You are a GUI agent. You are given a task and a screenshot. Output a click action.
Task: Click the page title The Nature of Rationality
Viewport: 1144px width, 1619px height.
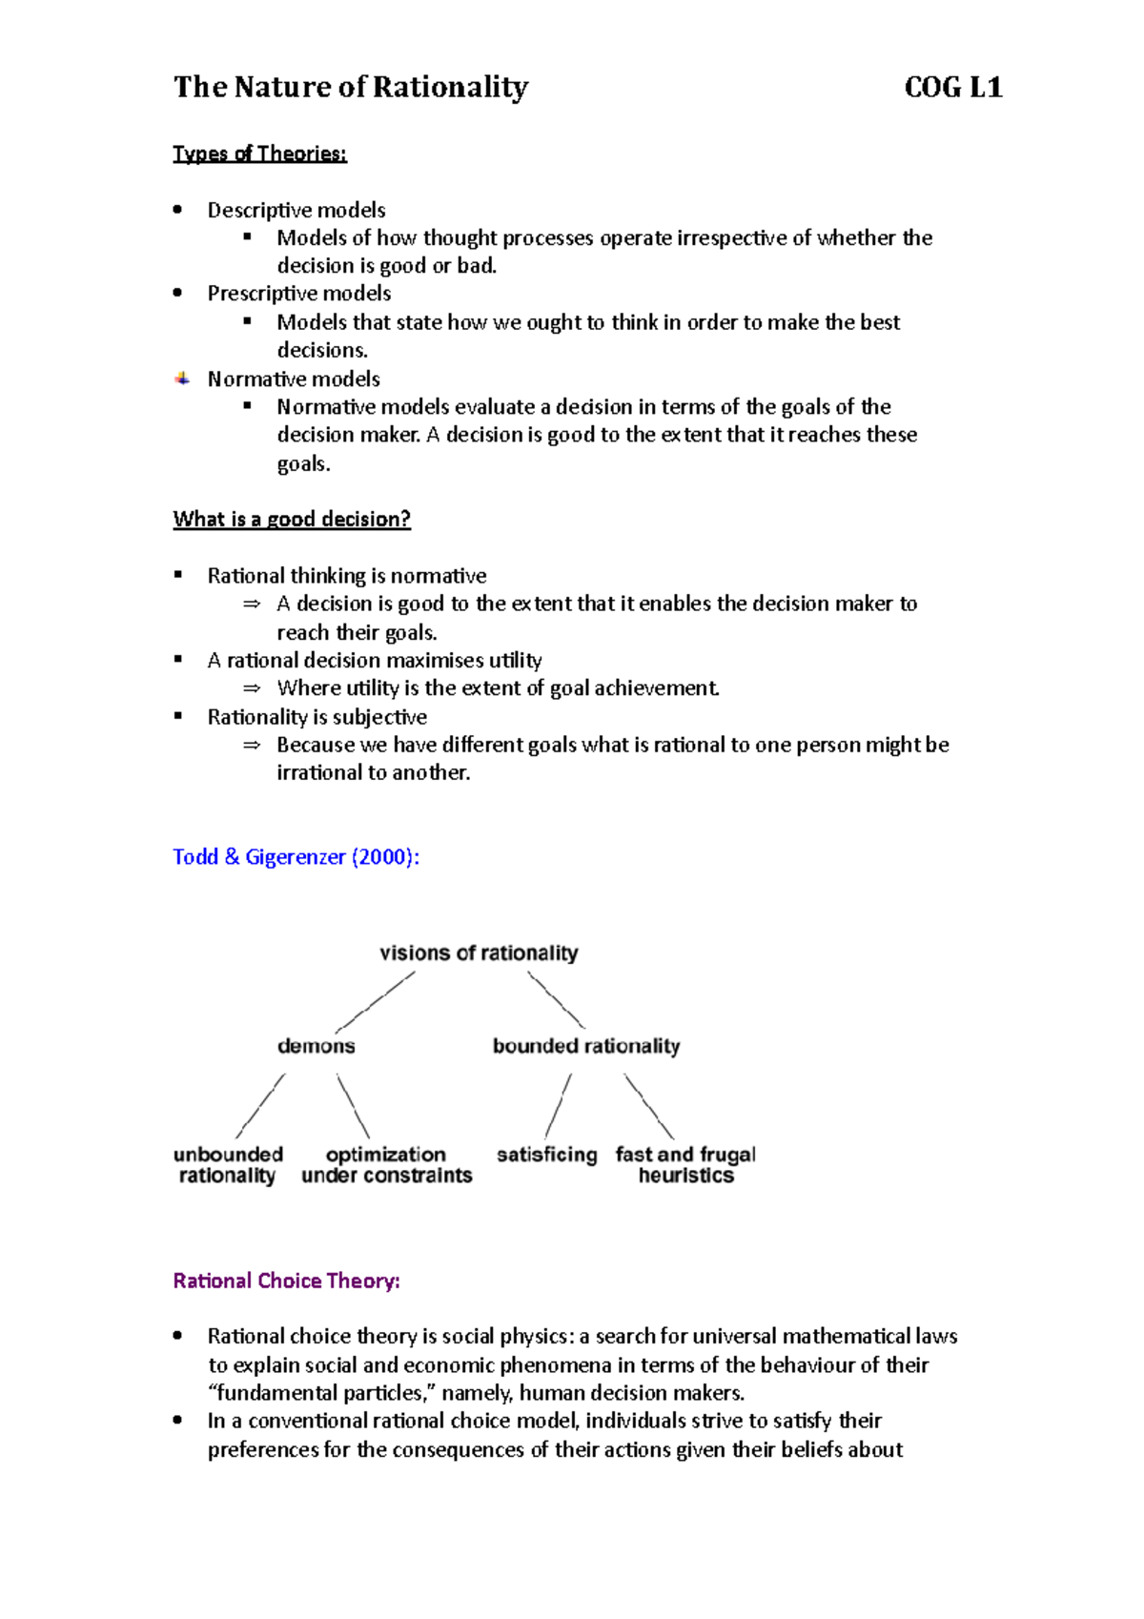(x=350, y=88)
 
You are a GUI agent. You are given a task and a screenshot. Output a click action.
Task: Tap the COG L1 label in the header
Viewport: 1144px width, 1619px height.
(x=952, y=88)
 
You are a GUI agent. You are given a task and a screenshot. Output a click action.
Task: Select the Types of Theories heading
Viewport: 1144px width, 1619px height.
(x=259, y=154)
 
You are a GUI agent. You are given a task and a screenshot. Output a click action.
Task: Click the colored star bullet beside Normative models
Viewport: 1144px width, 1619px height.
(x=182, y=379)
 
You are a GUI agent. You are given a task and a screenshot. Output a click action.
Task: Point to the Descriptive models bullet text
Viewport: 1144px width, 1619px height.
(x=296, y=210)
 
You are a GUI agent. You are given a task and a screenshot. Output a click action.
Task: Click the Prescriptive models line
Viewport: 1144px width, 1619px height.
(x=299, y=294)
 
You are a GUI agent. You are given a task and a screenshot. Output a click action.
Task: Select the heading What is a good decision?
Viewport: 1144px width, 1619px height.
(x=292, y=519)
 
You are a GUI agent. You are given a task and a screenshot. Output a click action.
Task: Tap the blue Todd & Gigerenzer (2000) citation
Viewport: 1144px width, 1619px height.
(x=296, y=856)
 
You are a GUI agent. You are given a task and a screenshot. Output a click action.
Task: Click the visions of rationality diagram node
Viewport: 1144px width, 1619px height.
(x=479, y=953)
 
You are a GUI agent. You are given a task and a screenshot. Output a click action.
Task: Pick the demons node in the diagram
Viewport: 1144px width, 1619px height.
(x=316, y=1046)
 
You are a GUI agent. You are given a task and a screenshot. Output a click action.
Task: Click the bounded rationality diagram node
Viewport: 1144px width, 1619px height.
(x=586, y=1046)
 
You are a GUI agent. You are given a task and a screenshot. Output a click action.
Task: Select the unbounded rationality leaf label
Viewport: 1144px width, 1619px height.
(x=228, y=1164)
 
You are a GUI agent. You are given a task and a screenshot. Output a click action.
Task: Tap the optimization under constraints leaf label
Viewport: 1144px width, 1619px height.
(x=386, y=1164)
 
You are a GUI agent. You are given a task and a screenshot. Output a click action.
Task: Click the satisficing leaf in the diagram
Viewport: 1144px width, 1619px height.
(x=546, y=1155)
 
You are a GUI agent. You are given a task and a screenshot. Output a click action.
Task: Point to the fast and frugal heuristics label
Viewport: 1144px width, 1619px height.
(x=685, y=1164)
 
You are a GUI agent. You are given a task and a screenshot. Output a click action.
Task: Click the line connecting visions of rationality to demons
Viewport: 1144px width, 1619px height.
(x=376, y=1001)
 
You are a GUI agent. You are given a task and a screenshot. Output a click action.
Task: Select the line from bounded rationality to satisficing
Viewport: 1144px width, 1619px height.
(x=559, y=1106)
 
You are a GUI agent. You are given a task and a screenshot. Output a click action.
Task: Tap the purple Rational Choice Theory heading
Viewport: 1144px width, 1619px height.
(x=286, y=1281)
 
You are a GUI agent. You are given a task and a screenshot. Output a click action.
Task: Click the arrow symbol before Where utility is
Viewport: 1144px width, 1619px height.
(x=252, y=688)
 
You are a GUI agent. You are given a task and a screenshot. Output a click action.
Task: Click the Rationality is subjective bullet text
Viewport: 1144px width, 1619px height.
(x=317, y=717)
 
